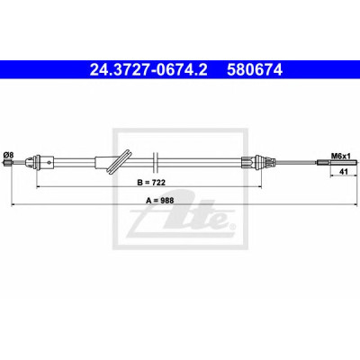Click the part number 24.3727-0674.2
tap(148, 70)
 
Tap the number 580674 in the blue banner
tap(255, 70)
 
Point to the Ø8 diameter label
tap(8, 155)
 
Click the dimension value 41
tap(343, 172)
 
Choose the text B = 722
tap(151, 182)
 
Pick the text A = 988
tap(160, 201)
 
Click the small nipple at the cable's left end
tap(8, 163)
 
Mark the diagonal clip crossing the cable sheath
tap(120, 162)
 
